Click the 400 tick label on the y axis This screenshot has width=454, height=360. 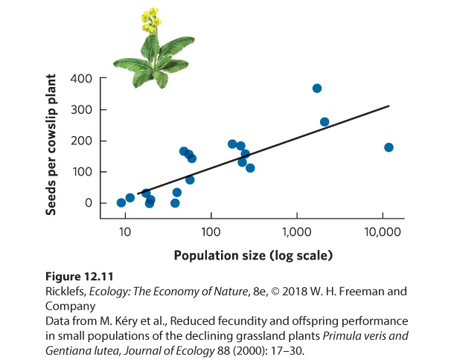pyautogui.click(x=81, y=78)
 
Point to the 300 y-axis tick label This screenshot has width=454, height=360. pyautogui.click(x=81, y=109)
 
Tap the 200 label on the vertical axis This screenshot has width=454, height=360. pyautogui.click(x=81, y=141)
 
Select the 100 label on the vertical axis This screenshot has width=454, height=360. pyautogui.click(x=82, y=172)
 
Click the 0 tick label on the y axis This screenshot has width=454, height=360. pyautogui.click(x=89, y=203)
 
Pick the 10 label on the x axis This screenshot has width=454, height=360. pyautogui.click(x=125, y=232)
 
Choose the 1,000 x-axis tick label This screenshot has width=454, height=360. pyautogui.click(x=297, y=232)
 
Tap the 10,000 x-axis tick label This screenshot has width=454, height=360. pyautogui.click(x=383, y=232)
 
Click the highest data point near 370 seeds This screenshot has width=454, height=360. pyautogui.click(x=317, y=89)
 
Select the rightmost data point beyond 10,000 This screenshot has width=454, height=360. pyautogui.click(x=389, y=147)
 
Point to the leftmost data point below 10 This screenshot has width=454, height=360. pyautogui.click(x=121, y=203)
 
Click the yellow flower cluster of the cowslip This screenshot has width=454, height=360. pyautogui.click(x=151, y=20)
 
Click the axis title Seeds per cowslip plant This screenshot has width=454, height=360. pyautogui.click(x=51, y=145)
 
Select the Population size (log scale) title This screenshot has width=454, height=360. pyautogui.click(x=253, y=256)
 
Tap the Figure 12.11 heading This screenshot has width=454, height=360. pyautogui.click(x=80, y=277)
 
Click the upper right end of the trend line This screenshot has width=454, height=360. pyautogui.click(x=389, y=106)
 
